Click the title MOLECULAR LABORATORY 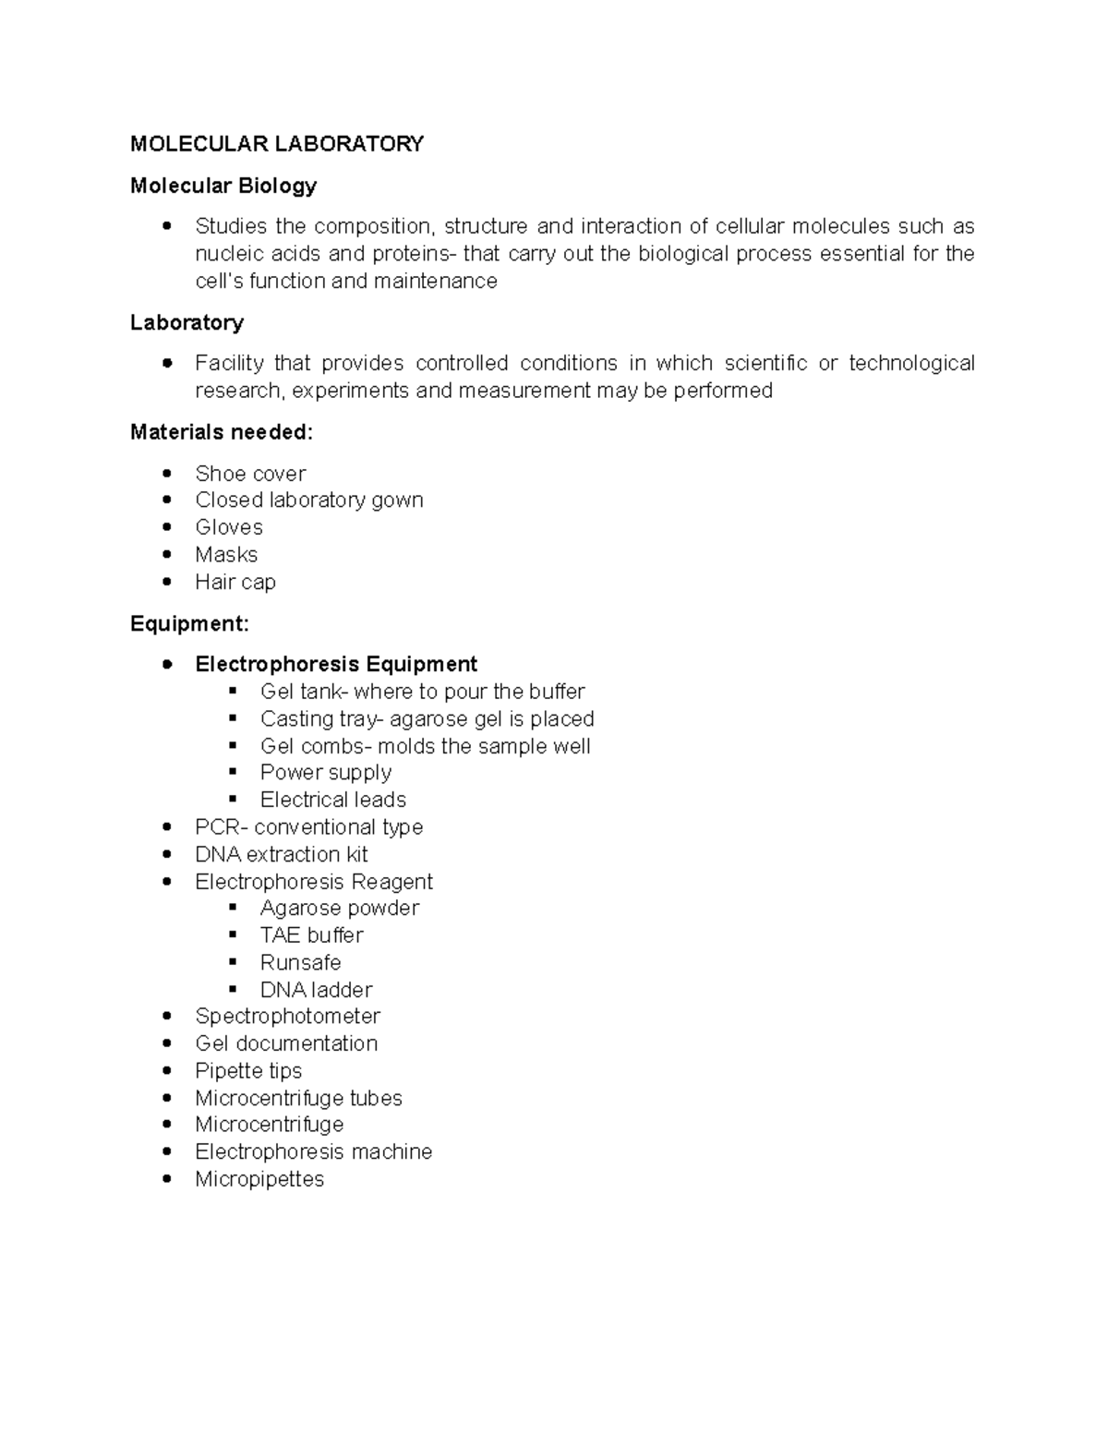(277, 144)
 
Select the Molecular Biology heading (223, 186)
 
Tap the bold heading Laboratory (187, 322)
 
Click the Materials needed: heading (222, 432)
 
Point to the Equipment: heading (189, 624)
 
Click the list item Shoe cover (250, 474)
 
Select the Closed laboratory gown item (309, 500)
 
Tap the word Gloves (229, 527)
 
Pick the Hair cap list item (235, 582)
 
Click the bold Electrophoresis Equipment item (336, 665)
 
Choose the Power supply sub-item (326, 772)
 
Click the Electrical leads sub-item (333, 800)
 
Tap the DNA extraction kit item (282, 854)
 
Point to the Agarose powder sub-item (340, 909)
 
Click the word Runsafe (301, 962)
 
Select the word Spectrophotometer (287, 1017)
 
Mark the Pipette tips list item (248, 1071)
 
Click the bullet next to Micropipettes (167, 1179)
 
